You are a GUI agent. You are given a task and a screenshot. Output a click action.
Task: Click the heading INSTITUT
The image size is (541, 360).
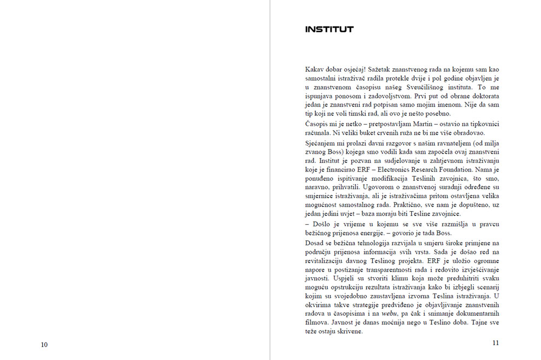pyautogui.click(x=329, y=29)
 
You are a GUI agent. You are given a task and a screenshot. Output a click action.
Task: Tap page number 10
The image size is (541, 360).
pyautogui.click(x=44, y=345)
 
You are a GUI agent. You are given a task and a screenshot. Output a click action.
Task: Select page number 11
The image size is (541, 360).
pyautogui.click(x=496, y=343)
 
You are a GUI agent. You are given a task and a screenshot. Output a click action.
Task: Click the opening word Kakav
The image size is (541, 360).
pyautogui.click(x=315, y=70)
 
